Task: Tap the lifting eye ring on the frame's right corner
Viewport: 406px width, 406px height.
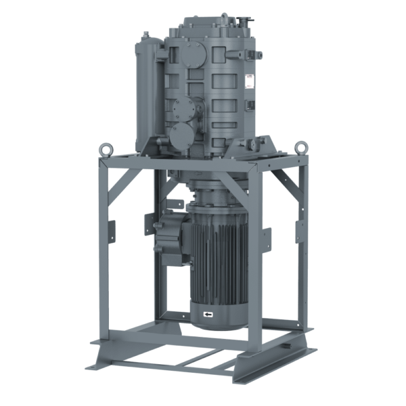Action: click(300, 146)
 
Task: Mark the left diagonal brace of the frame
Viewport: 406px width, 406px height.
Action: click(125, 183)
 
